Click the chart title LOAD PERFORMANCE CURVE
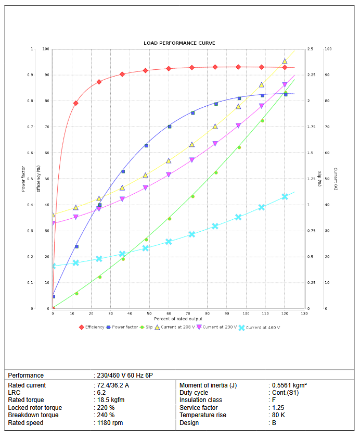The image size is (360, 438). tap(179, 43)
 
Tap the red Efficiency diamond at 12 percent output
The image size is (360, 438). tap(76, 103)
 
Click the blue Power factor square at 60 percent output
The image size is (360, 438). tap(169, 127)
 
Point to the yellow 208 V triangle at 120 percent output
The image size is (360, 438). tap(285, 61)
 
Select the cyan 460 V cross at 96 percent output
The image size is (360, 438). tap(238, 217)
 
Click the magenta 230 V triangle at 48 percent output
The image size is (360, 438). tap(146, 187)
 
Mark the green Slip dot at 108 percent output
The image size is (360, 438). tap(262, 121)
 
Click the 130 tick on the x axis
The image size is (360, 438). tap(304, 313)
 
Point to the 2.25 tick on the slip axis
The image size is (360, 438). tap(311, 75)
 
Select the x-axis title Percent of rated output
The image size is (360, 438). tap(178, 318)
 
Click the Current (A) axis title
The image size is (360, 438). tap(336, 179)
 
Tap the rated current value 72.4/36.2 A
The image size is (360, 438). tap(113, 385)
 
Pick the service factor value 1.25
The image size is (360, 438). tap(278, 408)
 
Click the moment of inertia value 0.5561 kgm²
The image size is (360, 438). tap(289, 385)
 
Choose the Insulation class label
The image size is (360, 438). tap(201, 401)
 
